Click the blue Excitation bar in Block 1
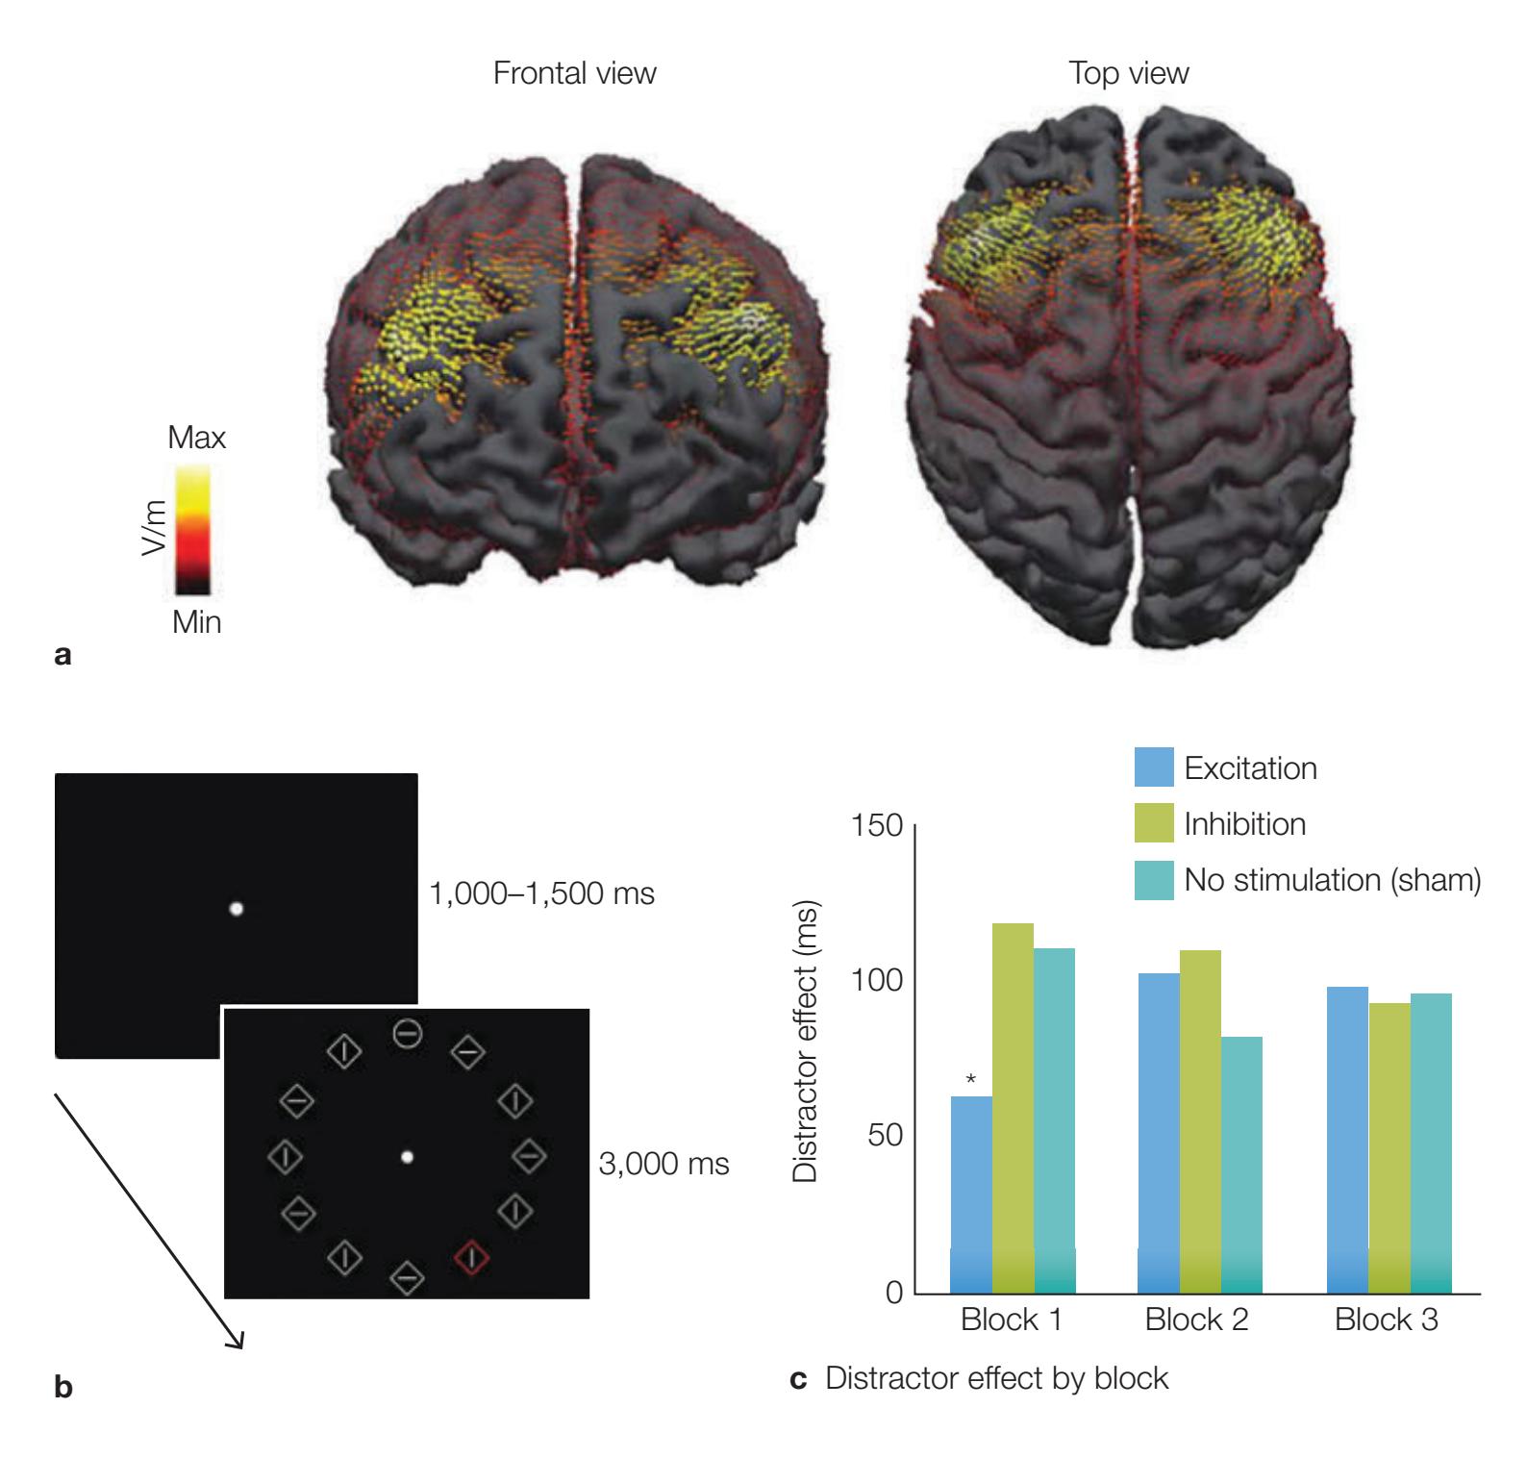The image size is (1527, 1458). pos(971,1194)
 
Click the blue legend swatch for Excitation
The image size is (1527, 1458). pos(1154,768)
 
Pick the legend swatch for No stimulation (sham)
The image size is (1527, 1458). pos(1154,880)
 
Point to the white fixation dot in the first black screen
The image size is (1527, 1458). pos(236,908)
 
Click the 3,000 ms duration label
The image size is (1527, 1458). pos(663,1164)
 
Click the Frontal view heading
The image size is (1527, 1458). pos(574,73)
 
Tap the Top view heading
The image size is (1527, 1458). pos(1129,73)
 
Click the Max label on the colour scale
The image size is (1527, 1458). pos(196,440)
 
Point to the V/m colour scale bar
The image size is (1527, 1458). pos(192,530)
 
